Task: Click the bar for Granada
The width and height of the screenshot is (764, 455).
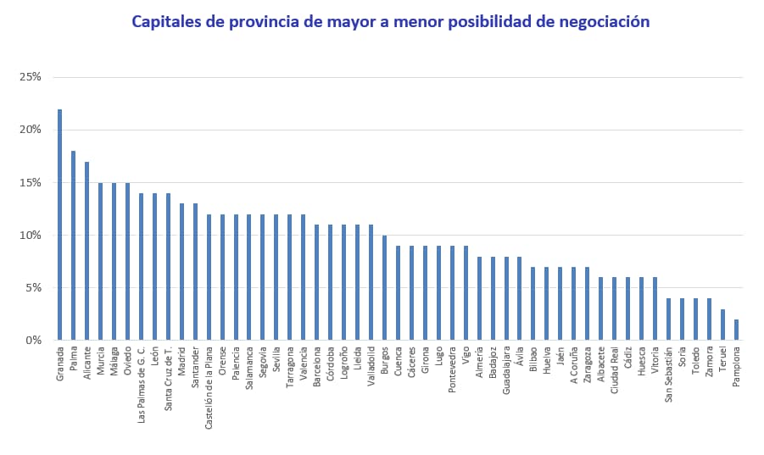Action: click(x=59, y=225)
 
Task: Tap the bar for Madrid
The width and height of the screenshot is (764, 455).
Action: click(x=181, y=272)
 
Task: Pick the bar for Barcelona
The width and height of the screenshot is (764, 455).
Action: click(x=316, y=282)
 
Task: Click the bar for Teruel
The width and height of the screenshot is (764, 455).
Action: click(x=722, y=325)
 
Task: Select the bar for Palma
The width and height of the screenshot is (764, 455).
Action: click(x=73, y=246)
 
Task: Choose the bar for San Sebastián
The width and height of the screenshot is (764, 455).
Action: click(x=668, y=319)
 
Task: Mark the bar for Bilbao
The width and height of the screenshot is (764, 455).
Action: click(x=533, y=303)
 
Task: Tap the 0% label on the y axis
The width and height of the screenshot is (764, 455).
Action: click(x=33, y=340)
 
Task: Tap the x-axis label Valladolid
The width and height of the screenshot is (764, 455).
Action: click(x=371, y=366)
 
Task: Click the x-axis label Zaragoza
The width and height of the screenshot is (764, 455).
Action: click(x=587, y=365)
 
